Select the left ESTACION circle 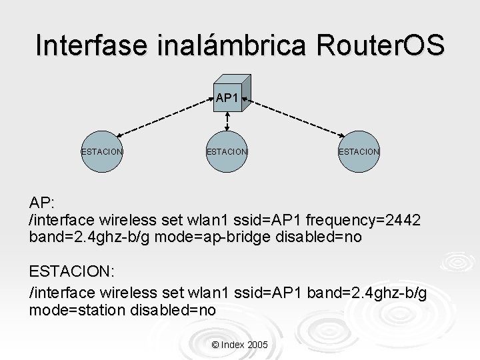tap(102, 151)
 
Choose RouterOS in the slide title tap(375, 45)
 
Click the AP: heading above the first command tap(42, 203)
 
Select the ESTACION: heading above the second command tap(71, 272)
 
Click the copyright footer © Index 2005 tap(239, 345)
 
